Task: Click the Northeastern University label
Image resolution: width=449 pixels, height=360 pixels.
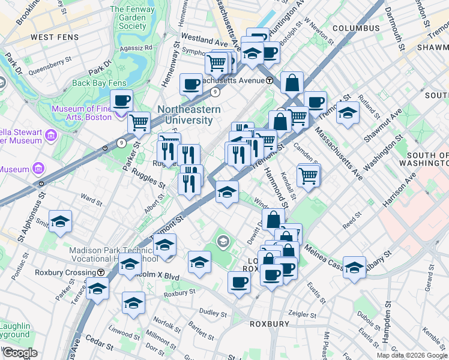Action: pyautogui.click(x=189, y=115)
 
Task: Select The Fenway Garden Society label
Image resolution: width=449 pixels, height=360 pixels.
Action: pyautogui.click(x=132, y=17)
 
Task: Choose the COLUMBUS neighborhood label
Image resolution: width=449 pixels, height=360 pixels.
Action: pyautogui.click(x=356, y=28)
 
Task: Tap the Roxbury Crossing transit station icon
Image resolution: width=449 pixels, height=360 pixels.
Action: pyautogui.click(x=101, y=272)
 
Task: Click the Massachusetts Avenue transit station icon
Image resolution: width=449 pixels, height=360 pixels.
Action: pyautogui.click(x=270, y=80)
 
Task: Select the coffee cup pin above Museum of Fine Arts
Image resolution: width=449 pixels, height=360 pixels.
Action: pyautogui.click(x=122, y=101)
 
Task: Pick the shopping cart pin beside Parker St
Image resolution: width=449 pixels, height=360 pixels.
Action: pyautogui.click(x=139, y=123)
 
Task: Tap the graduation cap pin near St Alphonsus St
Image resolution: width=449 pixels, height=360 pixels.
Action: pyautogui.click(x=61, y=222)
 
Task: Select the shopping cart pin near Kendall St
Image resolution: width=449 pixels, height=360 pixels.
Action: pyautogui.click(x=309, y=176)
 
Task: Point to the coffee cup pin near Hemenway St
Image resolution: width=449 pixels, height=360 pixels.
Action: pyautogui.click(x=191, y=85)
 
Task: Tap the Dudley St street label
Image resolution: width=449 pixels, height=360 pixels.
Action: pyautogui.click(x=213, y=313)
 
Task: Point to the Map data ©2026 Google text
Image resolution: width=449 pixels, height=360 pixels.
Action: pyautogui.click(x=412, y=355)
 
